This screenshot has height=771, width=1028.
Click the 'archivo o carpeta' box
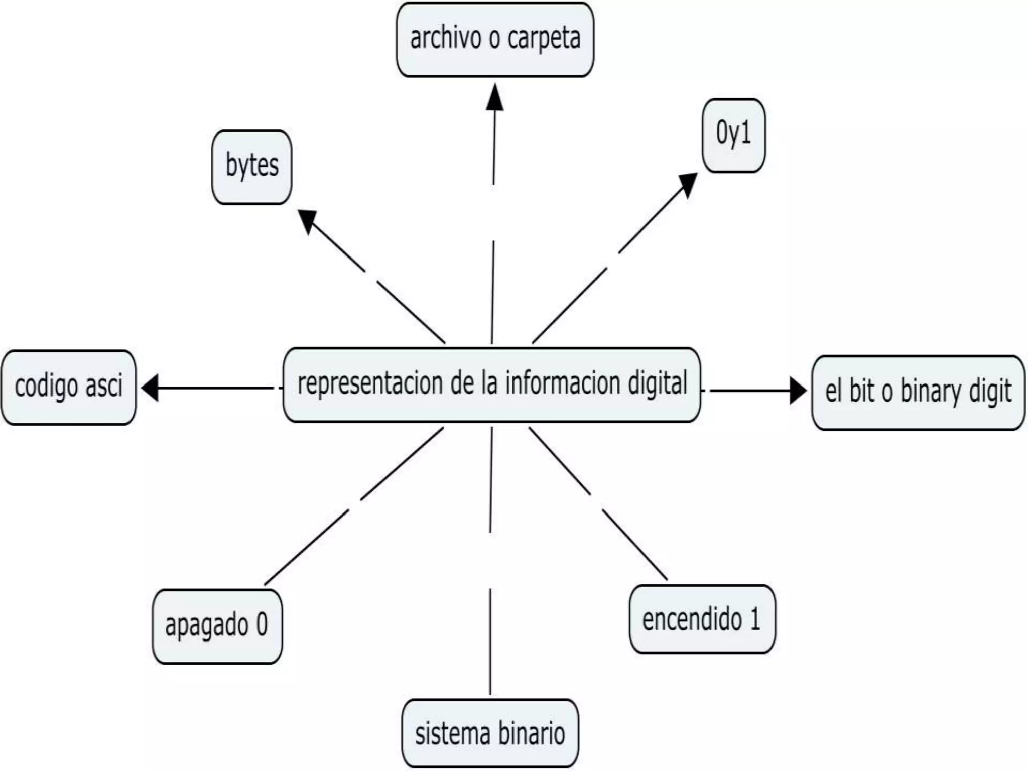495,40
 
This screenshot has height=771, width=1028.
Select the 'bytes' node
251,167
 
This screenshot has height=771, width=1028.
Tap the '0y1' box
733,136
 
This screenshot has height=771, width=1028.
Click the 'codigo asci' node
69,387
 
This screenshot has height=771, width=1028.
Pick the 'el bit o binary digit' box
918,393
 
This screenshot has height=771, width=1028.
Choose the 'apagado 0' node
217,626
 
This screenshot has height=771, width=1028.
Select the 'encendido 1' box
702,619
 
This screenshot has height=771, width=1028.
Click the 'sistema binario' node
490,733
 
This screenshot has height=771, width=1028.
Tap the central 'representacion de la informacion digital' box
491,384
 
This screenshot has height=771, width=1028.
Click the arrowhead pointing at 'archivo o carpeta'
495,98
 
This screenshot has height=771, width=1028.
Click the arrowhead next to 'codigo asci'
150,388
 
